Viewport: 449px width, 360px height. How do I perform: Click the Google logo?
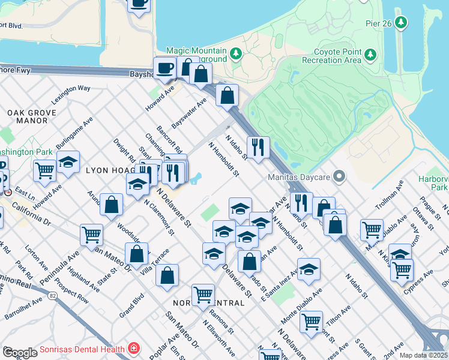coord(20,353)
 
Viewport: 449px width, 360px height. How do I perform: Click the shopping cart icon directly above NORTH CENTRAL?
coord(203,294)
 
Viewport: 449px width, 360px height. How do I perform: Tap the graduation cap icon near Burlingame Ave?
coord(68,161)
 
